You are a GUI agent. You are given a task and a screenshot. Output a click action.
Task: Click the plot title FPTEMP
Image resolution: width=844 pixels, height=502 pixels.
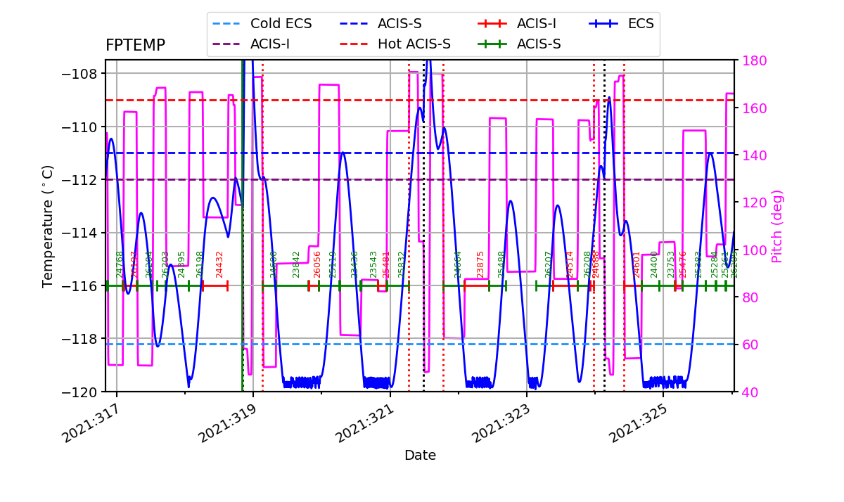click(135, 46)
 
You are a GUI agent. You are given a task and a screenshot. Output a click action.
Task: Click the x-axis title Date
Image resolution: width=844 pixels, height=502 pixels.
click(420, 456)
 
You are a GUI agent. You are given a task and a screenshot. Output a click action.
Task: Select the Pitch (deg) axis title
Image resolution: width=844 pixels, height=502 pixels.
click(777, 226)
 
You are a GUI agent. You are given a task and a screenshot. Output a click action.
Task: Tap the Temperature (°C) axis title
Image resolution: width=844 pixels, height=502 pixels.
click(48, 226)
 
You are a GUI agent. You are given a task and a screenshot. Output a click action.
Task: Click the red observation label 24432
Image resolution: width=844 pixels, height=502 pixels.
click(219, 264)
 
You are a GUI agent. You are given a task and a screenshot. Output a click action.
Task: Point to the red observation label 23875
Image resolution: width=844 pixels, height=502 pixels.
click(481, 264)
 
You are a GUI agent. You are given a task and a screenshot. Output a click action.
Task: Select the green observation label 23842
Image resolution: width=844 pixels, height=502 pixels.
click(297, 264)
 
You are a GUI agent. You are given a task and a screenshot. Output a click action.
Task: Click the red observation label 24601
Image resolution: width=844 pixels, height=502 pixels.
click(637, 264)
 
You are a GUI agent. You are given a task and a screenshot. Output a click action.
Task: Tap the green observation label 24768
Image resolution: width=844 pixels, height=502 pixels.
click(120, 264)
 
